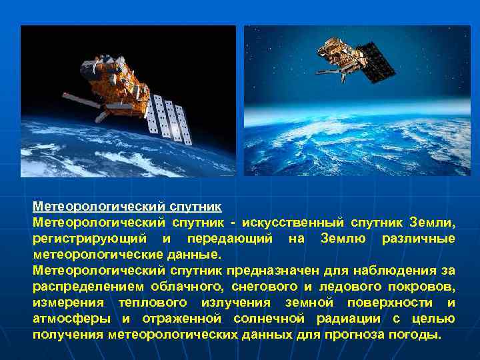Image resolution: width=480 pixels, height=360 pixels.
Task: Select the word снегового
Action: tap(261, 287)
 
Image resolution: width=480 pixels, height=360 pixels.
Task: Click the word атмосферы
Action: tap(71, 319)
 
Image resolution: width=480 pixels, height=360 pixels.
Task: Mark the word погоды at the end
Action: tap(419, 335)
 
